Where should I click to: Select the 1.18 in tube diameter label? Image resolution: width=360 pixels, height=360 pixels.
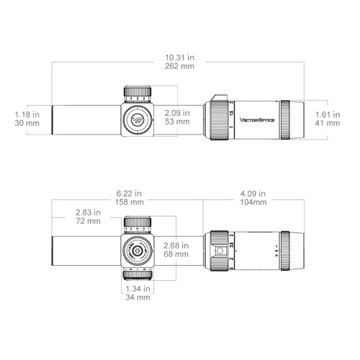[x=27, y=113]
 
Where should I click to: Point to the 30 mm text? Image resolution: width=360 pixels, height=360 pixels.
[x=27, y=123]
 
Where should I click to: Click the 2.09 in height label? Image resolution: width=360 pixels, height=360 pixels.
[x=176, y=112]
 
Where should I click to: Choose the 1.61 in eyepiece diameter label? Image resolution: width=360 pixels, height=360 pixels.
[x=328, y=113]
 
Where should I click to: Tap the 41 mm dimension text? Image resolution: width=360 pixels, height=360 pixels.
[x=328, y=123]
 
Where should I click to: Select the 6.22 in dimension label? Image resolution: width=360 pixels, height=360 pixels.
[x=129, y=193]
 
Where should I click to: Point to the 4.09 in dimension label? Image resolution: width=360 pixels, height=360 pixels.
[x=252, y=193]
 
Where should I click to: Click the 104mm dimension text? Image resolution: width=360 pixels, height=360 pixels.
[x=252, y=203]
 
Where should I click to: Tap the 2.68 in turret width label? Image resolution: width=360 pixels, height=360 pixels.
[x=176, y=245]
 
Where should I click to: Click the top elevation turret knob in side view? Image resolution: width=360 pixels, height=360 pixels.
[x=138, y=91]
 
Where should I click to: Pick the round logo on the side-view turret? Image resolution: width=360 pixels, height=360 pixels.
[x=138, y=118]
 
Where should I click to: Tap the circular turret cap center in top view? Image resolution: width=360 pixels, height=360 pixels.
[x=138, y=249]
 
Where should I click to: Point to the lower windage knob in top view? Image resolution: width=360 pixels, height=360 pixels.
[x=138, y=275]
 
